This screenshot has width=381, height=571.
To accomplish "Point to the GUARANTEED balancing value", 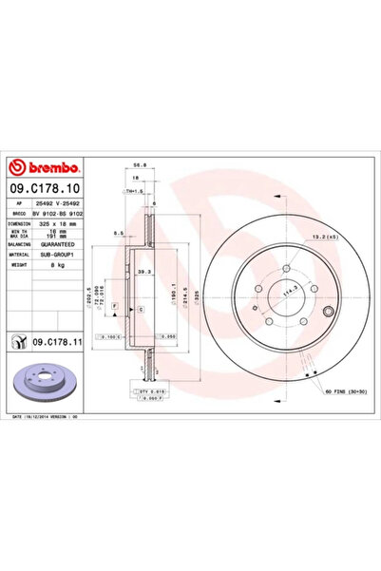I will click(x=63, y=243).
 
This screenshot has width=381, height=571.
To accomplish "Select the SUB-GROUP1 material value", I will click(x=61, y=254).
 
